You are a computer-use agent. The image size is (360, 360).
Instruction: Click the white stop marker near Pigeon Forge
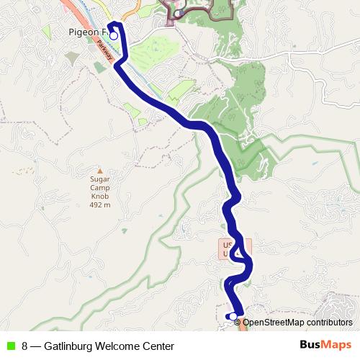113,35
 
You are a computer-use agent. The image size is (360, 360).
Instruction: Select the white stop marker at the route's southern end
233,316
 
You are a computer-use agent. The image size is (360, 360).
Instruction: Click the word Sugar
99,179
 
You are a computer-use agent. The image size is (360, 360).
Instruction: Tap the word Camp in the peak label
99,188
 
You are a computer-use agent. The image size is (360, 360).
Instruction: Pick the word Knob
99,197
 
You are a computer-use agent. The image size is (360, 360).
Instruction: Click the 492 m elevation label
99,205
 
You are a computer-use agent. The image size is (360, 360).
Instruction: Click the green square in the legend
10,346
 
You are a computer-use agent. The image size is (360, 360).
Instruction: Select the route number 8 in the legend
25,346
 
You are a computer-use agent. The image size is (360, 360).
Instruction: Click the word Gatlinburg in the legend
70,346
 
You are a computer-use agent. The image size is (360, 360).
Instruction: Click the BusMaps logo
326,346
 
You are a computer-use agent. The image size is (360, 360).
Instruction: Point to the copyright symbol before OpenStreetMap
248,323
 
